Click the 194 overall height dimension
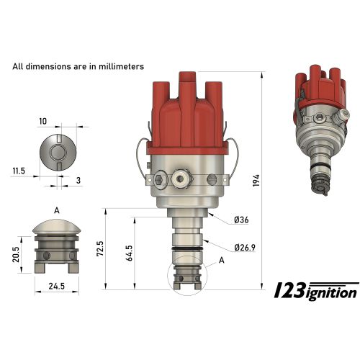pos(256,181)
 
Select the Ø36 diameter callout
pos(241,220)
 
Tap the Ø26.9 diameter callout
pos(245,248)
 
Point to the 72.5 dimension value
pos(100,248)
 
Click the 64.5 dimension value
pos(129,253)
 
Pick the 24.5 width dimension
pos(57,286)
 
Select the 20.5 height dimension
pos(16,254)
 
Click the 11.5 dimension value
pos(19,171)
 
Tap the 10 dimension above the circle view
pos(43,122)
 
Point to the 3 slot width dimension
pos(78,181)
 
